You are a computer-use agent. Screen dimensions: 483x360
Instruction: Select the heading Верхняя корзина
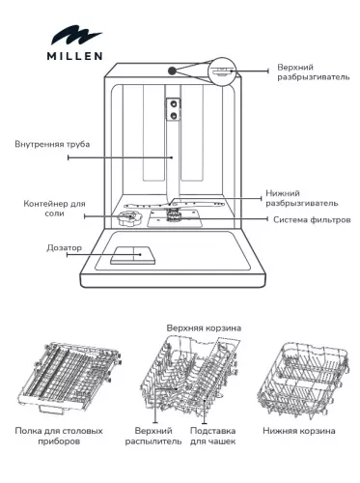pyautogui.click(x=204, y=327)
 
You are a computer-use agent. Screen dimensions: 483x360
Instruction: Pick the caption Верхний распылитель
pyautogui.click(x=158, y=435)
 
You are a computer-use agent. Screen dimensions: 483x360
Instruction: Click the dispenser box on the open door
pyautogui.click(x=129, y=256)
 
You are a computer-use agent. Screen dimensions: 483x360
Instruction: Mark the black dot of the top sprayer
pyautogui.click(x=172, y=70)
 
